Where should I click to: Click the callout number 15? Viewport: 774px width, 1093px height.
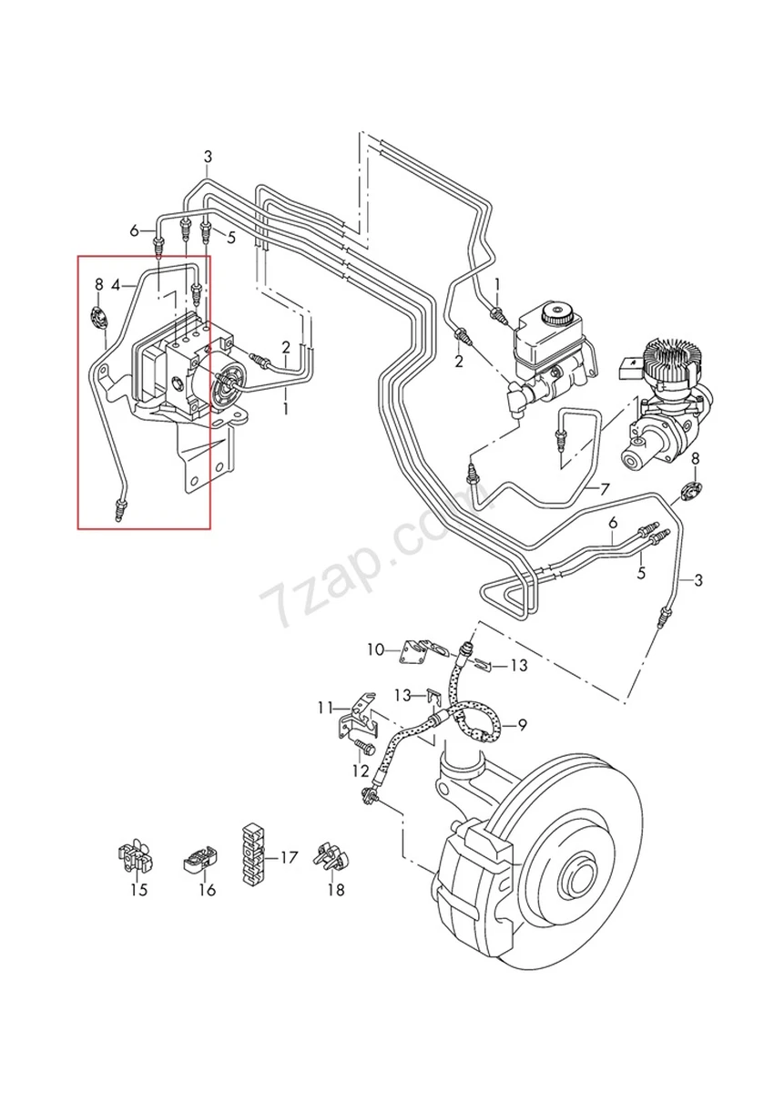(137, 890)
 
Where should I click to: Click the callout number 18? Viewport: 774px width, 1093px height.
(336, 890)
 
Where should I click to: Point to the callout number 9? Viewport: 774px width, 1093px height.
(523, 725)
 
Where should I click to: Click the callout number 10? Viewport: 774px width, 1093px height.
(376, 649)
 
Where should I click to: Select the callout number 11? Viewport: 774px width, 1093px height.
(326, 707)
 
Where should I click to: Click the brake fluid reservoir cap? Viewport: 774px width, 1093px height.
(555, 316)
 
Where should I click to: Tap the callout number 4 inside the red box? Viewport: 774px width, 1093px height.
(116, 285)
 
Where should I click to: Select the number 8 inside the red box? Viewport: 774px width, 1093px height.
(98, 285)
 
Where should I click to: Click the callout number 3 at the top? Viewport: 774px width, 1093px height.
(208, 156)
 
